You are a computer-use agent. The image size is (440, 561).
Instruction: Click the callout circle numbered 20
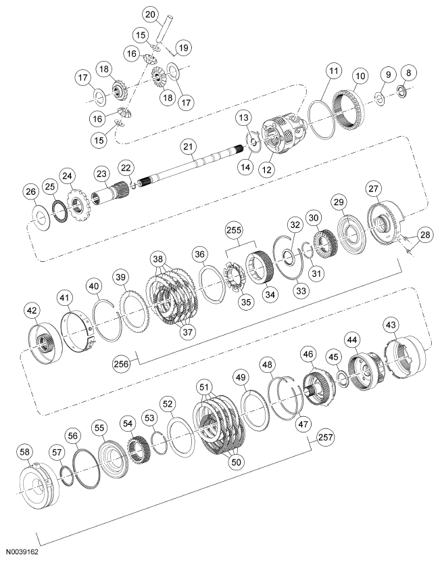point(150,14)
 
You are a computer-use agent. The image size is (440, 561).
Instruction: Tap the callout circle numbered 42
point(32,311)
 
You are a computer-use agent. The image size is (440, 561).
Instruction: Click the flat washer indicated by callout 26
point(41,219)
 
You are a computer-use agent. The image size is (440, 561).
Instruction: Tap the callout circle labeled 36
point(199,254)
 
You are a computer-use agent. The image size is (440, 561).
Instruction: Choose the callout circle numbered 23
point(102,175)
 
